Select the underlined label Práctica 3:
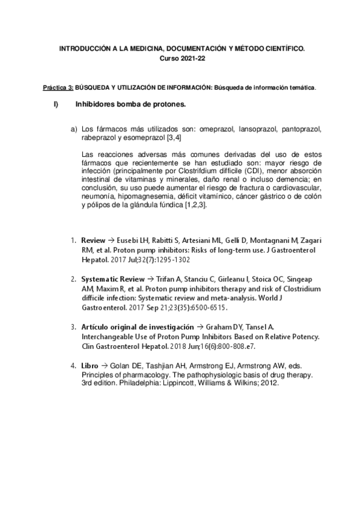point(58,88)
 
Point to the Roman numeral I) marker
point(56,104)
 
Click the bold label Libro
point(90,364)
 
